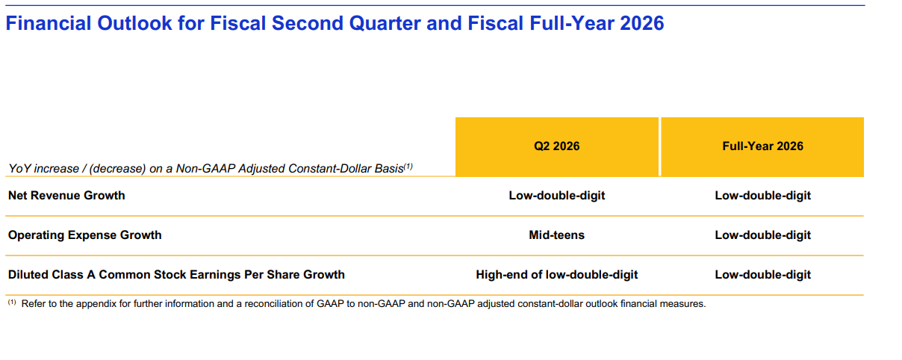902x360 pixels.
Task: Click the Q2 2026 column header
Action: click(556, 146)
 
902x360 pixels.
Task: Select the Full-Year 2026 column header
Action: click(762, 146)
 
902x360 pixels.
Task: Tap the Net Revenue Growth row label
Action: click(66, 195)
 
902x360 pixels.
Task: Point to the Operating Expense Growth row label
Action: click(84, 235)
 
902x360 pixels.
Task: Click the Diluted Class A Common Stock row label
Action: click(176, 274)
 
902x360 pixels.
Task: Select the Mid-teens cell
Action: click(556, 235)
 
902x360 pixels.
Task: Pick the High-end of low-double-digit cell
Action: click(556, 275)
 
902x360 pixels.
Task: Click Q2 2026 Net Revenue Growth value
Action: click(556, 195)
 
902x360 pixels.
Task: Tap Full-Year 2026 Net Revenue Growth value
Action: click(762, 195)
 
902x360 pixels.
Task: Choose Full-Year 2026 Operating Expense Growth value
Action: click(762, 235)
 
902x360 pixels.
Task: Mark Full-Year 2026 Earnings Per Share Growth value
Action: click(762, 275)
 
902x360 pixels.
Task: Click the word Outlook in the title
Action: click(134, 23)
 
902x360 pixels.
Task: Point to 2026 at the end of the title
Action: click(642, 23)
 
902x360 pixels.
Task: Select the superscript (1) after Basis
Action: click(408, 166)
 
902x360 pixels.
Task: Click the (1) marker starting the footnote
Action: click(12, 302)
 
